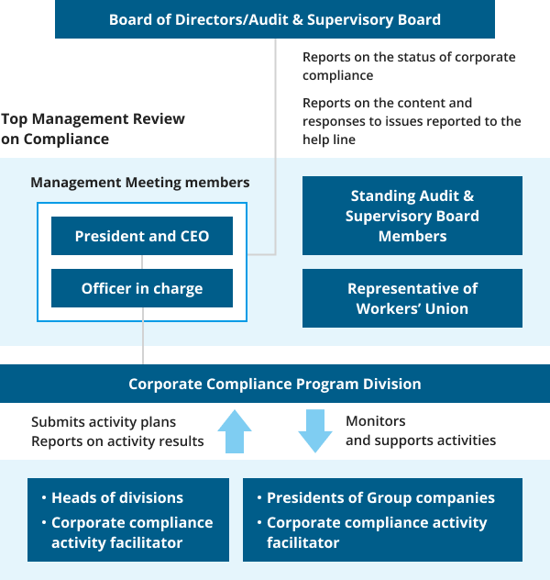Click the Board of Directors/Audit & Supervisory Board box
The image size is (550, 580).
click(275, 19)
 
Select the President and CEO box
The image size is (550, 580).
click(142, 236)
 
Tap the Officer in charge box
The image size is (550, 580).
click(142, 288)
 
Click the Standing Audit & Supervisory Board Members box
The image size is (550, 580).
click(412, 216)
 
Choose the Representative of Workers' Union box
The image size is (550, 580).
click(412, 298)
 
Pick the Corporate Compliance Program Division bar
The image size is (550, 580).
click(275, 384)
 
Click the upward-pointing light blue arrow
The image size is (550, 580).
click(235, 431)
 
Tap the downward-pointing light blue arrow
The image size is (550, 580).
click(315, 431)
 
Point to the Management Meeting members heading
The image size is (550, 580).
click(140, 183)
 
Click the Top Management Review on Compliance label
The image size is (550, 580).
click(93, 128)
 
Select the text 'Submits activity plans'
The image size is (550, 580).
click(104, 421)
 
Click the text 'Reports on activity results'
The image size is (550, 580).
click(117, 441)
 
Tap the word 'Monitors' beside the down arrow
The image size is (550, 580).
click(375, 421)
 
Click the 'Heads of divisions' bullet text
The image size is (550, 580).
click(117, 498)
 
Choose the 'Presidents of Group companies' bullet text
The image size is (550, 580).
click(380, 498)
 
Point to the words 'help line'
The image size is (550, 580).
click(329, 139)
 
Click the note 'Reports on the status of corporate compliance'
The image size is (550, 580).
click(409, 66)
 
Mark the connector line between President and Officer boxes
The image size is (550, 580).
click(142, 262)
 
